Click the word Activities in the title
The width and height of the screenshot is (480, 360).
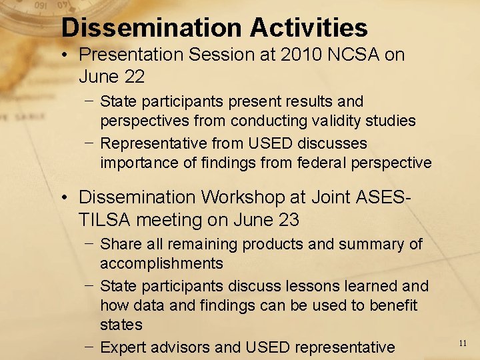pyautogui.click(x=309, y=27)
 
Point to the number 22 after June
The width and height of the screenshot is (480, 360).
pyautogui.click(x=133, y=77)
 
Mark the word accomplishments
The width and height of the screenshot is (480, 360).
pyautogui.click(x=161, y=263)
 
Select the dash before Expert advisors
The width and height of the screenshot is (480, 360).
pyautogui.click(x=89, y=347)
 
